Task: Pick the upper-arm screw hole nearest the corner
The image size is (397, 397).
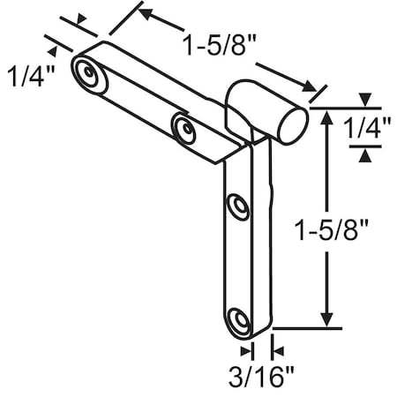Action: (x=184, y=128)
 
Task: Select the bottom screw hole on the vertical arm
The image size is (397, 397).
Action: (x=236, y=321)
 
